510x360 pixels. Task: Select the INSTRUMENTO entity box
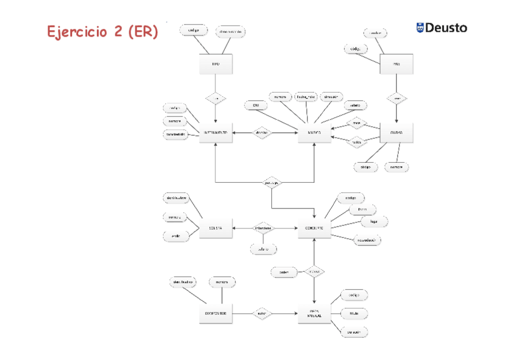[215, 132]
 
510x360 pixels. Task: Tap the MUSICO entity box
[314, 132]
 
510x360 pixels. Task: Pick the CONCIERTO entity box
[314, 228]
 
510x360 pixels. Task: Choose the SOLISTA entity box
[215, 228]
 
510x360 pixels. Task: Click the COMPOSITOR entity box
[215, 314]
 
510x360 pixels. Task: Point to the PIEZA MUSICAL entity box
[314, 314]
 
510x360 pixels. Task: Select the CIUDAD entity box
[396, 132]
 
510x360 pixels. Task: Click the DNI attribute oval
[256, 106]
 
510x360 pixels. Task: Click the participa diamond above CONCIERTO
[272, 182]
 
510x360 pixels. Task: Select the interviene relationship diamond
[263, 228]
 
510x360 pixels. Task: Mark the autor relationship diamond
[262, 314]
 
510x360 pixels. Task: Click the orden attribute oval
[284, 272]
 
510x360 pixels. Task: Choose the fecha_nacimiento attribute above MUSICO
[306, 96]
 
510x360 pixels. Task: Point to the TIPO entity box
[215, 64]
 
